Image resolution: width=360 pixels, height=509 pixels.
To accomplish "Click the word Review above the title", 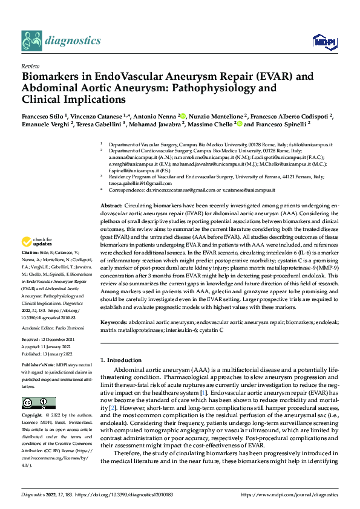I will click(30, 66).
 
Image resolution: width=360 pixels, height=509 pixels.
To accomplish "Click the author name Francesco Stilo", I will click(41, 115).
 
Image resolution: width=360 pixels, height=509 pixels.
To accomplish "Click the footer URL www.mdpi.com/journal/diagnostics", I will click(289, 494).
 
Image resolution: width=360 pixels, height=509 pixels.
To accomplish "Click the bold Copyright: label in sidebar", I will click(33, 416).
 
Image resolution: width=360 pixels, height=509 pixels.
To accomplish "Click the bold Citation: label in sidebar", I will click(30, 251).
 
